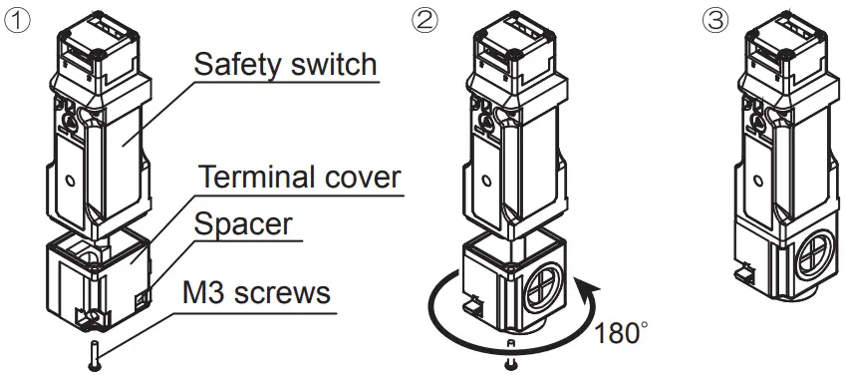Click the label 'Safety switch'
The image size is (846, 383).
(x=285, y=67)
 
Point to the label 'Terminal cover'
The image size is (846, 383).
(x=299, y=179)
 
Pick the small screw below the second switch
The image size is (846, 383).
(x=510, y=362)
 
